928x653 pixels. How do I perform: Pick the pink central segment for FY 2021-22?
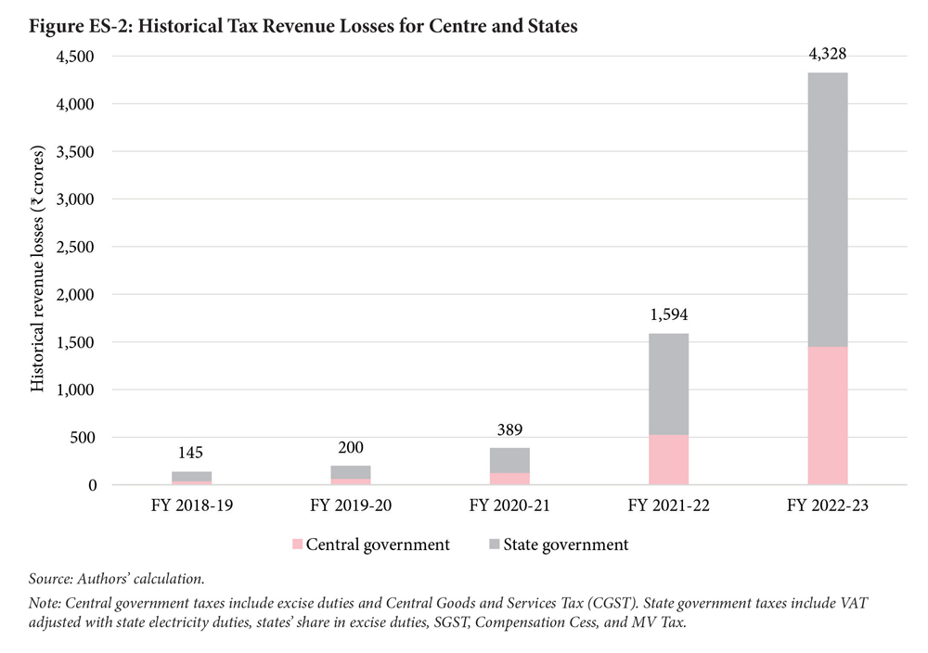[669, 460]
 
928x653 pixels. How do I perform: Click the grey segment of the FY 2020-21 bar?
[509, 460]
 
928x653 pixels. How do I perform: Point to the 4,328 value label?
[828, 55]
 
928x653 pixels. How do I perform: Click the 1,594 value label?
[669, 315]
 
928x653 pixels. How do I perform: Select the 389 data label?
[509, 429]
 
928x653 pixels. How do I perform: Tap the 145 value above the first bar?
[192, 453]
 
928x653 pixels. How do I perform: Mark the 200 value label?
[351, 448]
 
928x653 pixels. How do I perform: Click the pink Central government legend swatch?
[297, 545]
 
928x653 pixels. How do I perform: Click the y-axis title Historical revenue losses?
[38, 267]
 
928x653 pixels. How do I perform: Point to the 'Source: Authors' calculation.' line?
[118, 579]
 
